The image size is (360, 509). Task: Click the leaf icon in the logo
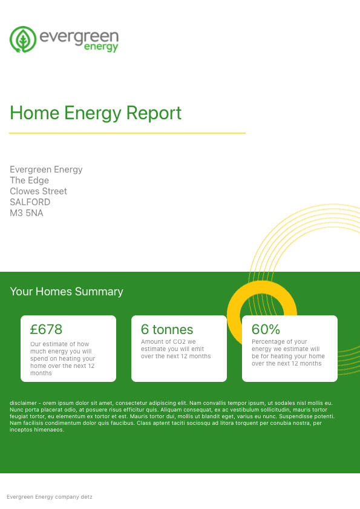23,39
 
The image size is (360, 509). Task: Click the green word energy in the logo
101,47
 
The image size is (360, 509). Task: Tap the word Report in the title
154,113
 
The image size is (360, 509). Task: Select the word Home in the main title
34,113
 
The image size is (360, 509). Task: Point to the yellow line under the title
127,133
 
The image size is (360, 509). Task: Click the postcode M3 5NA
26,213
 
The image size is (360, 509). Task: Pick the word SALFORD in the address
30,202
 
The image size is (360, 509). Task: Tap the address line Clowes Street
38,191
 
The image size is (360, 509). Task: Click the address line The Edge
29,180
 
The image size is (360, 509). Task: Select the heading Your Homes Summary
67,292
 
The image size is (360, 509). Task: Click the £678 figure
46,329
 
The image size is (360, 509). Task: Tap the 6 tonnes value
167,329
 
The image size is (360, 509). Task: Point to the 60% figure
266,329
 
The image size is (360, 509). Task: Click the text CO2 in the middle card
178,341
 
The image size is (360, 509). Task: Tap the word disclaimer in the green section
23,403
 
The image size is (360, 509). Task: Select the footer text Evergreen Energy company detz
50,497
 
